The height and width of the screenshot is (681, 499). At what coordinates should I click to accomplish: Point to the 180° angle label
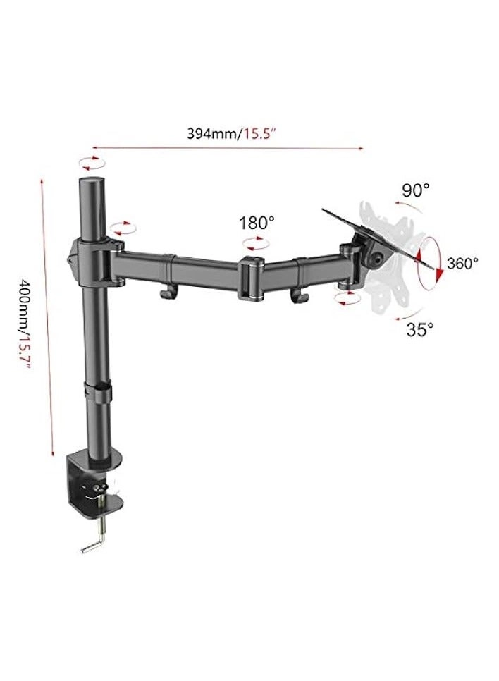click(x=257, y=223)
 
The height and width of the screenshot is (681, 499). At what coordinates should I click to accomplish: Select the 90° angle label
click(x=416, y=190)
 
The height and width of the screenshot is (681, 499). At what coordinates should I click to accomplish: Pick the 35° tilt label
click(x=420, y=328)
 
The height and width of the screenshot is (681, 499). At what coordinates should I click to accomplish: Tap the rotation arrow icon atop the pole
click(x=90, y=164)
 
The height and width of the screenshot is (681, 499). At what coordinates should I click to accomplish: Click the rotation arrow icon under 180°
click(x=255, y=244)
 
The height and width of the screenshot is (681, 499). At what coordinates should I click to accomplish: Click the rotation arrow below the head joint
click(x=347, y=300)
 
